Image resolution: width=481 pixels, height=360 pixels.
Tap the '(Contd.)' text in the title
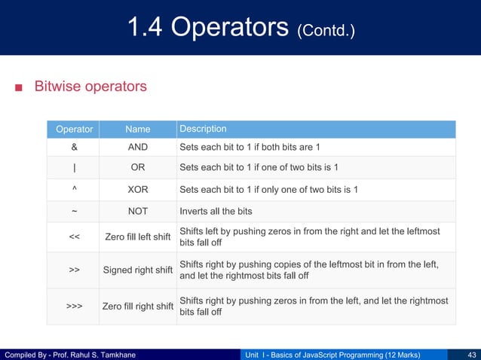[326, 32]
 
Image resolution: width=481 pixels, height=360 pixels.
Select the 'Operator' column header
[75, 129]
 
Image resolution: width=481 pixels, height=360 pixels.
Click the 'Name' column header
[138, 129]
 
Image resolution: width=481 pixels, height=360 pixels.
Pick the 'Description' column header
[203, 129]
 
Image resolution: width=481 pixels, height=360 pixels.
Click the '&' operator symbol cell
[75, 146]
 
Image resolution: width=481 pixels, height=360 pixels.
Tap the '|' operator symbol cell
[75, 167]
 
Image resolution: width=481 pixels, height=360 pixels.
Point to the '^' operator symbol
[75, 188]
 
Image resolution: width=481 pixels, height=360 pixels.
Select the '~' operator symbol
[75, 210]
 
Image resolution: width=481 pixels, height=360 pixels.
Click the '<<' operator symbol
[75, 237]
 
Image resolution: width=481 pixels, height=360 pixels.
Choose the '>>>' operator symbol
[75, 306]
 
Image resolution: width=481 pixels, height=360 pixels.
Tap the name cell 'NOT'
[138, 210]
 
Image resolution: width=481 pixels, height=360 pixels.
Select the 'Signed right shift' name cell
[138, 270]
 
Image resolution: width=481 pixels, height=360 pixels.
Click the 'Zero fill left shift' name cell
[138, 238]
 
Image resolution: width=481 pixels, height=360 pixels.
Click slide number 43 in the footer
[471, 354]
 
